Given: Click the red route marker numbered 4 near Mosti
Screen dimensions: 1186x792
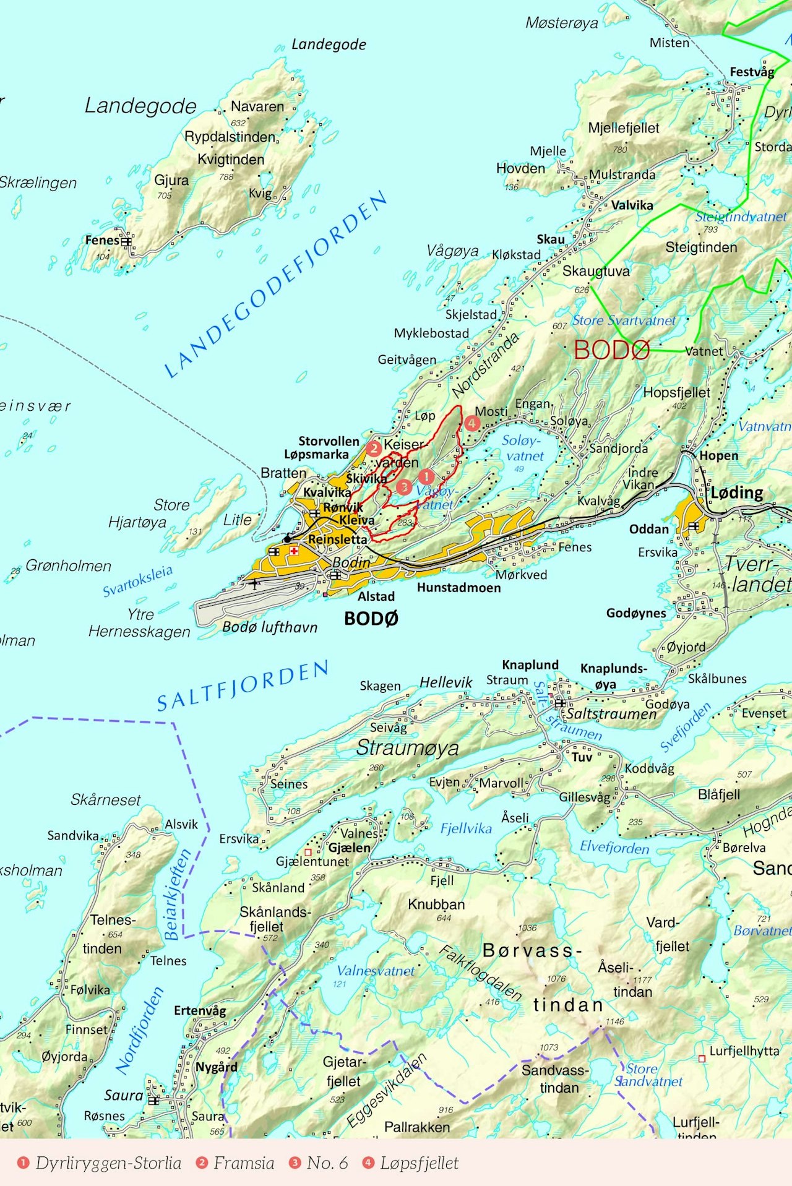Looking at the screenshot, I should coord(472,423).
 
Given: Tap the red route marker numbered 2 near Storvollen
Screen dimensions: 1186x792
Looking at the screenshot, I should coord(373,448).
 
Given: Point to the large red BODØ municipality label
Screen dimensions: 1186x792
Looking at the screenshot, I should coord(611,350).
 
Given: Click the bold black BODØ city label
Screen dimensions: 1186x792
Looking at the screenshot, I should coord(371,618).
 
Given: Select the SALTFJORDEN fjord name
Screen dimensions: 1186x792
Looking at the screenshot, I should coord(243,685).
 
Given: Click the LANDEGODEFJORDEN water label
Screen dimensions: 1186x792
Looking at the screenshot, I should coord(275,285).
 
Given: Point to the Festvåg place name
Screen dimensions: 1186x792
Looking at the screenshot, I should coord(752,72).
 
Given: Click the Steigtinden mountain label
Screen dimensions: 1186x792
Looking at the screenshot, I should coord(701,247).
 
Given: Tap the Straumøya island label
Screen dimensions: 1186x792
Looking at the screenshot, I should coord(407,747).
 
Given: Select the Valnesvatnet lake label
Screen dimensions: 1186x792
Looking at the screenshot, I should coord(376,971).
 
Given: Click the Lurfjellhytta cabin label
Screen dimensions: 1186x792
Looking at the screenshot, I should coord(744,1051).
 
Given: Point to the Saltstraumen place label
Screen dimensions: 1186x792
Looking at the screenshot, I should coord(611,713).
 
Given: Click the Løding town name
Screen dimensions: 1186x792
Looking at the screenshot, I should coord(736,492).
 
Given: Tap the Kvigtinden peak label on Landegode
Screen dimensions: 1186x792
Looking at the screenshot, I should coord(231,159).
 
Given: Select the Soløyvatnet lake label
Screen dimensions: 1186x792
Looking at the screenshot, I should coord(523,448).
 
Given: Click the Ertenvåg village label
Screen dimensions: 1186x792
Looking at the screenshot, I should coord(200,1010).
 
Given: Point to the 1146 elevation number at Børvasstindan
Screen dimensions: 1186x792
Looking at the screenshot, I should coord(614,1021).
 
